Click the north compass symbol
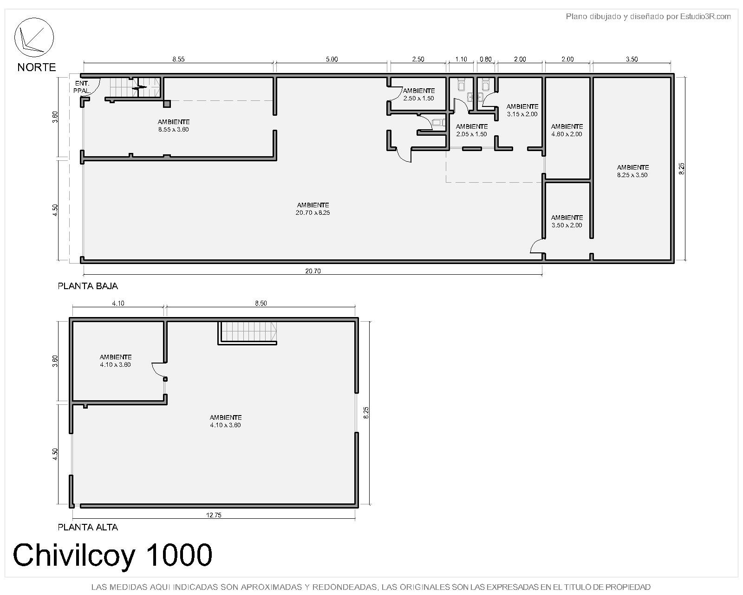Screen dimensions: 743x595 click(34, 37)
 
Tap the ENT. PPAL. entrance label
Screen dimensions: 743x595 click(82, 87)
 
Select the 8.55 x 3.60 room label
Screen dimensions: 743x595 click(174, 126)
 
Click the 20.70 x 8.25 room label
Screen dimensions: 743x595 click(313, 209)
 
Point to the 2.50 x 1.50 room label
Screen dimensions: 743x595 click(419, 94)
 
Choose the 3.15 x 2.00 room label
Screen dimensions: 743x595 click(522, 110)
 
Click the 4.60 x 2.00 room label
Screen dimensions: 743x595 click(567, 130)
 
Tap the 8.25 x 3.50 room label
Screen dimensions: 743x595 click(632, 171)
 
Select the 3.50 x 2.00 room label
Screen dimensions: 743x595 click(567, 221)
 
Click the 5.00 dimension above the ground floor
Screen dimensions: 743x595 click(332, 59)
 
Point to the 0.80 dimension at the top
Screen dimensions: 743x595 click(485, 59)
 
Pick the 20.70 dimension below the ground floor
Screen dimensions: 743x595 click(313, 271)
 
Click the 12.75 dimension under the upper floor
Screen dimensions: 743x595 click(214, 515)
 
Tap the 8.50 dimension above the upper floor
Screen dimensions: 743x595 click(261, 303)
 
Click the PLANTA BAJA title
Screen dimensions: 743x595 click(88, 286)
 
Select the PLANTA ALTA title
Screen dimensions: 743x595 click(88, 527)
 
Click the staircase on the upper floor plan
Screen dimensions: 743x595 click(248, 333)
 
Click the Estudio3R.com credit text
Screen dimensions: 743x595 click(705, 17)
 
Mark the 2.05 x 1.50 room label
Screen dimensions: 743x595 click(472, 130)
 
